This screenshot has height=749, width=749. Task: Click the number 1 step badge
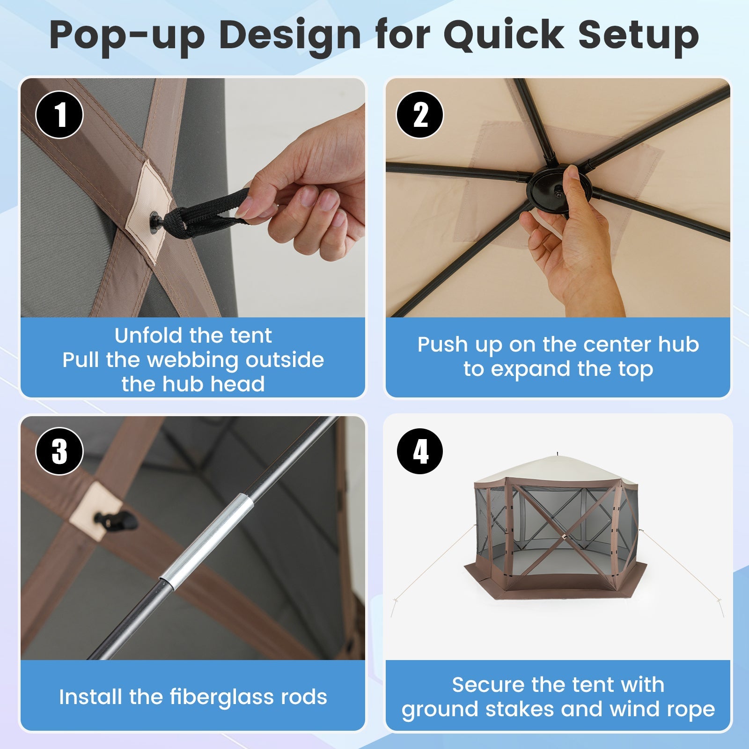pyautogui.click(x=59, y=115)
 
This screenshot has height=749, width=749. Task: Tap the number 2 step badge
pyautogui.click(x=420, y=115)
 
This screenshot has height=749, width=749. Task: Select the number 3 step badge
pyautogui.click(x=59, y=452)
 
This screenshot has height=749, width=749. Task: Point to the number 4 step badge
pyautogui.click(x=420, y=452)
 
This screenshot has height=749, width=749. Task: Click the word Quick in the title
pyautogui.click(x=504, y=35)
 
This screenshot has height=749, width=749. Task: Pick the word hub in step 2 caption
pyautogui.click(x=678, y=345)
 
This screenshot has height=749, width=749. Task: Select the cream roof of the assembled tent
pyautogui.click(x=557, y=470)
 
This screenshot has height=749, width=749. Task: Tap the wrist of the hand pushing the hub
pyautogui.click(x=595, y=295)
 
